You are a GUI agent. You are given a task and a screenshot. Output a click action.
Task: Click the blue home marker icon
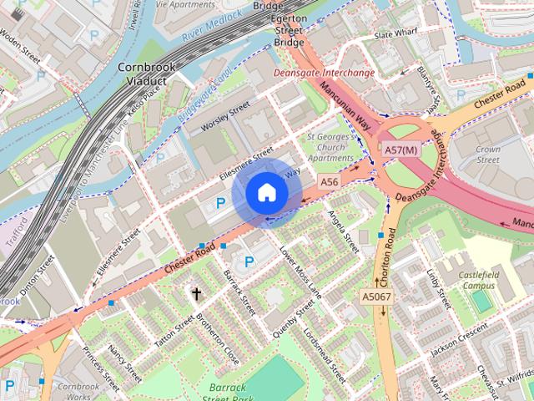(266, 193)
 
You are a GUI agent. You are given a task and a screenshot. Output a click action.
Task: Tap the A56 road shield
(330, 181)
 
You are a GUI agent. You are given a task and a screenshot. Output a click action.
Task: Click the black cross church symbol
(197, 293)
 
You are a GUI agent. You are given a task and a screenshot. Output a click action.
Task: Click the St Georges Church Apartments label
(330, 146)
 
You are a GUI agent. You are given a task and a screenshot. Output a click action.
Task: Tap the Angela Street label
(343, 232)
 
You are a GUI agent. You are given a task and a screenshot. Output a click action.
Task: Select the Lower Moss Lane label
(301, 272)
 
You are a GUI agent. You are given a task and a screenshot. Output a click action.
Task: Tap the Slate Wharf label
(395, 35)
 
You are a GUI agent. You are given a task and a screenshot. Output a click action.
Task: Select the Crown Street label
(488, 154)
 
